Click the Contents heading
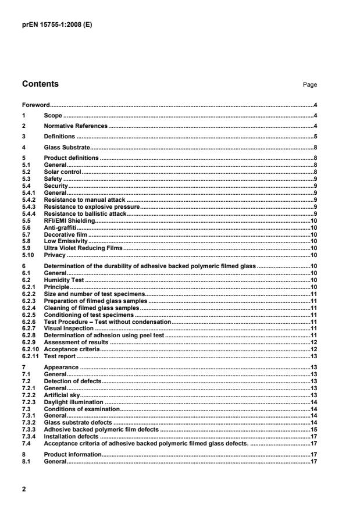click(x=40, y=84)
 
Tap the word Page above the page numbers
click(x=310, y=85)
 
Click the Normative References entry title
click(x=76, y=126)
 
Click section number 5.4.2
click(x=29, y=199)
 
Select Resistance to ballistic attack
click(x=85, y=215)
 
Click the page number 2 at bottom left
click(x=24, y=489)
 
